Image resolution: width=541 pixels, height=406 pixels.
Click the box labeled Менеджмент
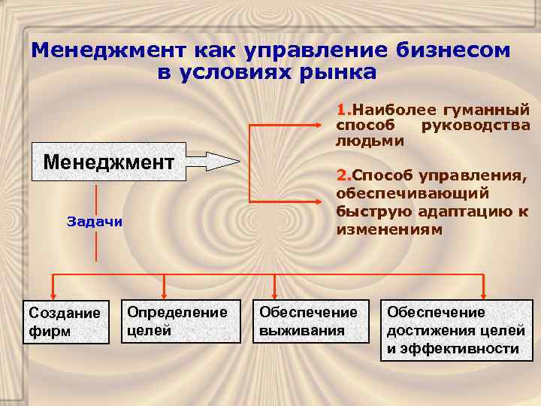click(x=108, y=162)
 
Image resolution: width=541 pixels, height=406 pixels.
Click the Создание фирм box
click(x=64, y=321)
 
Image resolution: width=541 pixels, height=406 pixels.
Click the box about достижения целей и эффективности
click(x=456, y=331)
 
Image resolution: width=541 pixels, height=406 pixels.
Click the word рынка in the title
click(x=337, y=73)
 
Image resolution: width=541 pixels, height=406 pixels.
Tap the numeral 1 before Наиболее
click(x=340, y=109)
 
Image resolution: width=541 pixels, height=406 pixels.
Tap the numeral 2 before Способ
click(x=340, y=176)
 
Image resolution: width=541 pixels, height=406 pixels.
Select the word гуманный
click(x=491, y=109)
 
